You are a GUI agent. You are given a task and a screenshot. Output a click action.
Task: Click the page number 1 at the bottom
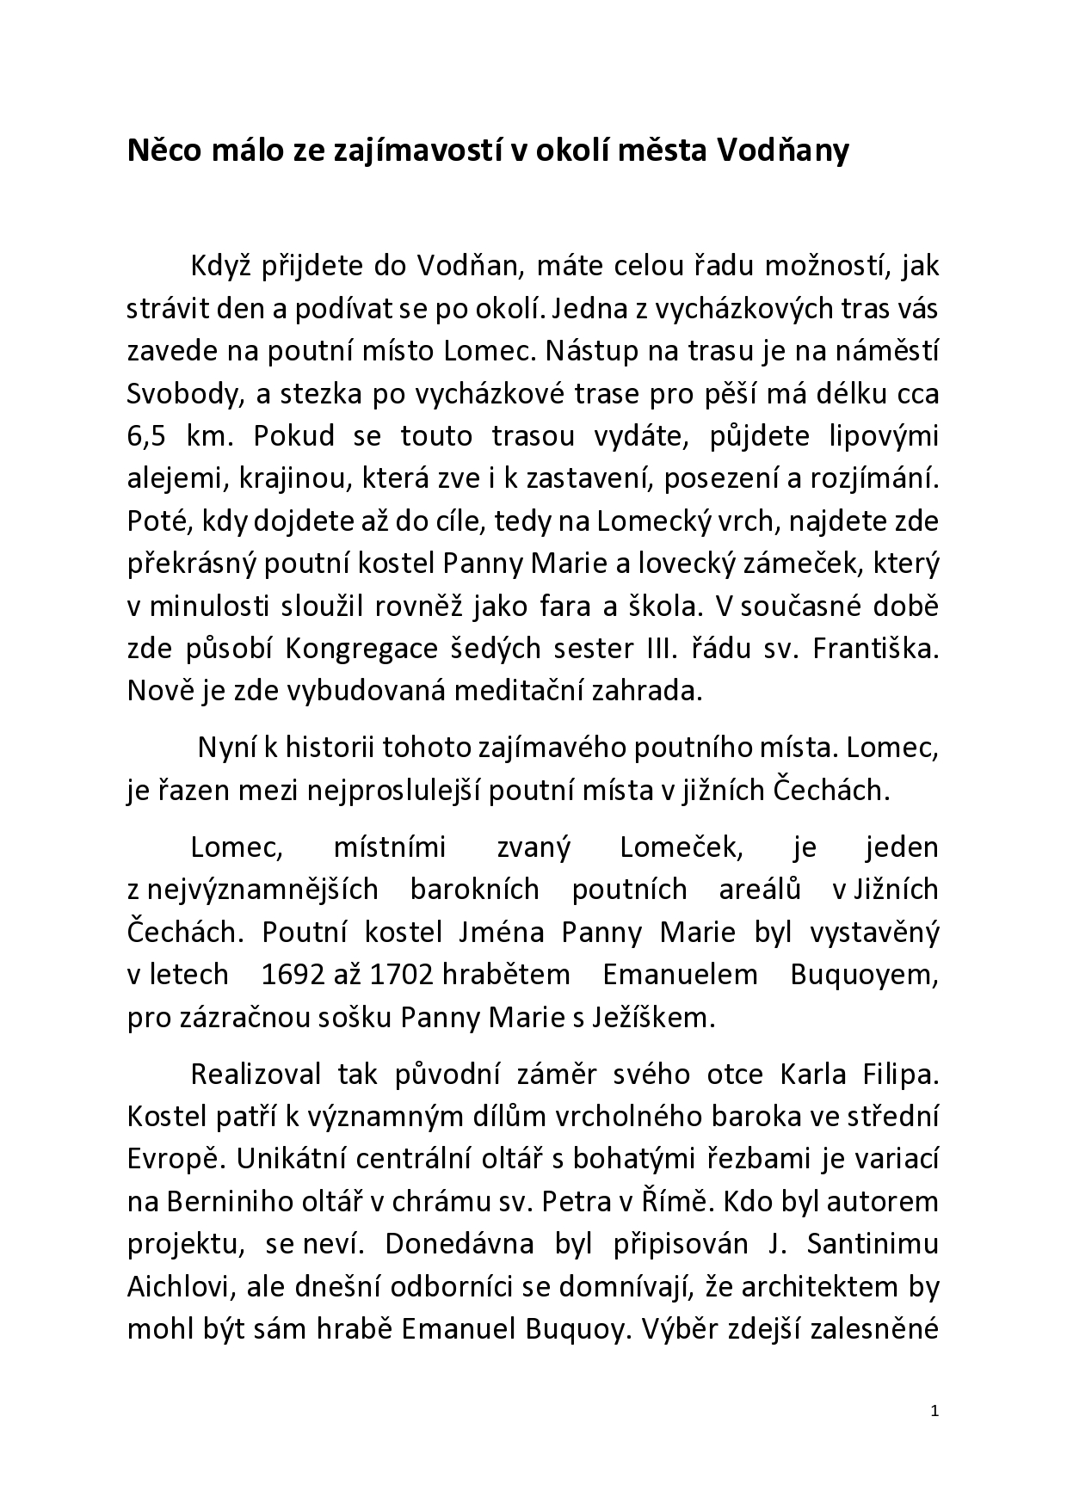[934, 1411]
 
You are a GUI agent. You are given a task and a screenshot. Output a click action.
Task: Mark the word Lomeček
[680, 847]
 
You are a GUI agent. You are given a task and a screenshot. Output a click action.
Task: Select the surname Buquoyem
[863, 975]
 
